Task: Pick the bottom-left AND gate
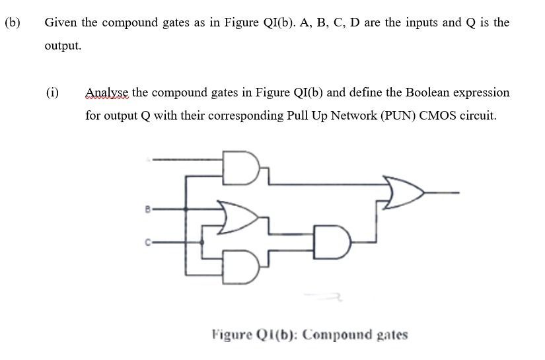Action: [239, 261]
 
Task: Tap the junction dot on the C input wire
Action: [202, 242]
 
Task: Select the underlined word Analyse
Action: [107, 92]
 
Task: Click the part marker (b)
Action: [12, 22]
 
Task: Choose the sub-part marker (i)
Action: [52, 92]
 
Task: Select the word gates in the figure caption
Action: [392, 334]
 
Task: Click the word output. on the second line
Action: [63, 46]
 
